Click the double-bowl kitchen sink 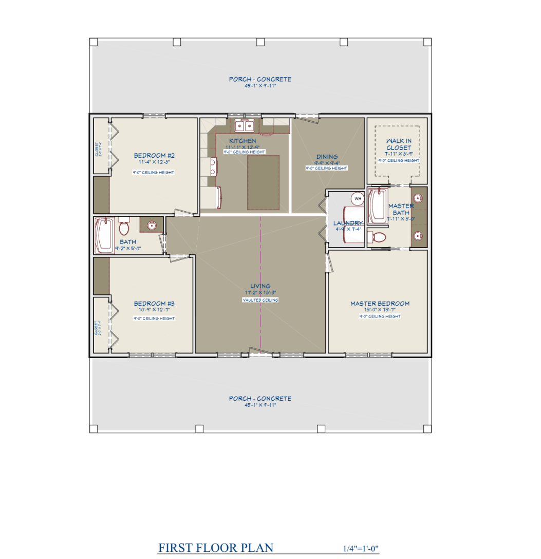tap(245, 126)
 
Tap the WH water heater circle tap(357, 198)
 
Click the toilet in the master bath tap(378, 237)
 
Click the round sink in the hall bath tap(152, 225)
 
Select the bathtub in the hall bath tap(104, 235)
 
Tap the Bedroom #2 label tap(155, 156)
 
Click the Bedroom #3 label tap(154, 304)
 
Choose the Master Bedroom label tap(380, 304)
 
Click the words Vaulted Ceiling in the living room tap(260, 300)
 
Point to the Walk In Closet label tap(399, 144)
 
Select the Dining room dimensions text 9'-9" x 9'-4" tap(327, 163)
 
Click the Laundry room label tap(348, 223)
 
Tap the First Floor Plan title tap(216, 548)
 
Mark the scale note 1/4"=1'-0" tap(361, 549)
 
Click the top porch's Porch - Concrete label tap(260, 79)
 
